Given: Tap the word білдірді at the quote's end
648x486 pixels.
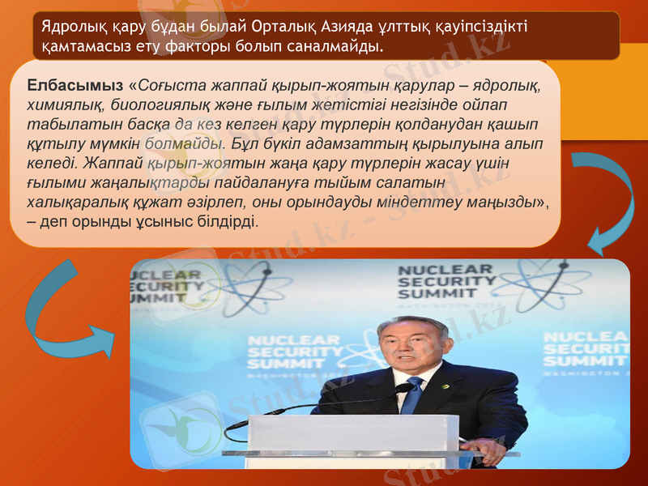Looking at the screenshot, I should [x=224, y=221].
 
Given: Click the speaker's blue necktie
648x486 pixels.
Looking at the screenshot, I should [x=412, y=396].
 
